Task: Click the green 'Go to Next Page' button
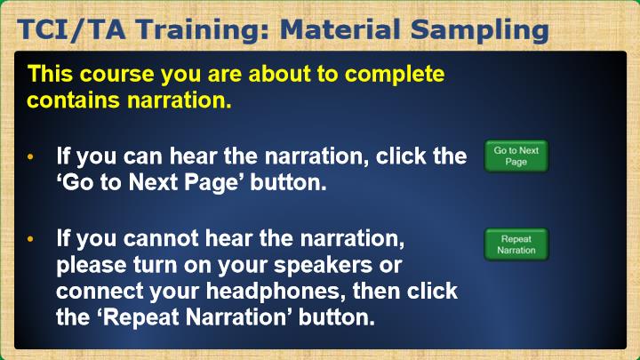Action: click(516, 156)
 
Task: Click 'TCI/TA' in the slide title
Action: click(71, 30)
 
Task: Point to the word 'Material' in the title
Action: click(340, 30)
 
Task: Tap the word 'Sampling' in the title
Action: click(480, 31)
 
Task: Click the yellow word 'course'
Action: click(117, 75)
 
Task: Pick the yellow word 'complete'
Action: click(395, 76)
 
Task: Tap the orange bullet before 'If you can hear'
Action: click(30, 156)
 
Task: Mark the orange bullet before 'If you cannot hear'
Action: click(30, 239)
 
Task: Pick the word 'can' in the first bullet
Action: click(143, 156)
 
